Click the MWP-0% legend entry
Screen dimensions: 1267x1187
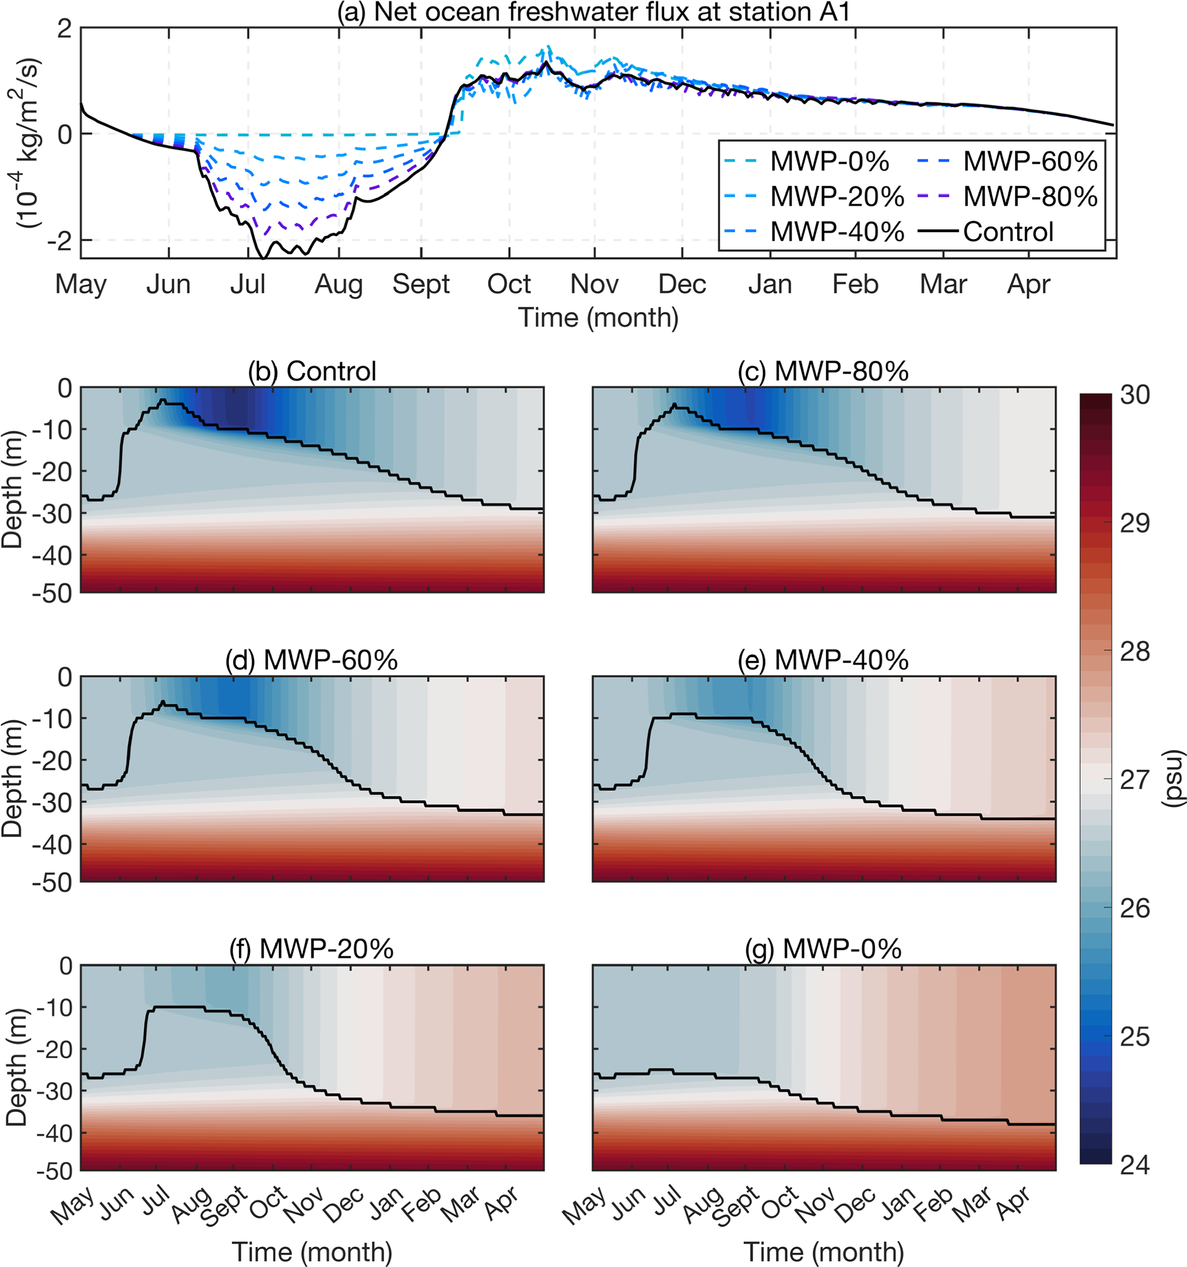829,162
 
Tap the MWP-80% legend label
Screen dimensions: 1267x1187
1030,197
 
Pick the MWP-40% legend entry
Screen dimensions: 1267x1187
837,232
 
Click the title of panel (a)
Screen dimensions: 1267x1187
593,12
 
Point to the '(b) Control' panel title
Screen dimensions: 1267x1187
312,371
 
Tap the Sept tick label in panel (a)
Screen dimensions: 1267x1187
421,284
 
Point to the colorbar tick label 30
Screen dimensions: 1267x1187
1135,395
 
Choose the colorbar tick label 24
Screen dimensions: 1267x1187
1135,1165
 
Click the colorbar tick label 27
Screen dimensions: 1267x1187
1135,780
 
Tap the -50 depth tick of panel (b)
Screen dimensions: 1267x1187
52,593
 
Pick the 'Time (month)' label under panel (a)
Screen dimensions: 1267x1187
598,318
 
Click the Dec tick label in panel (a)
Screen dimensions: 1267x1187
682,284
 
